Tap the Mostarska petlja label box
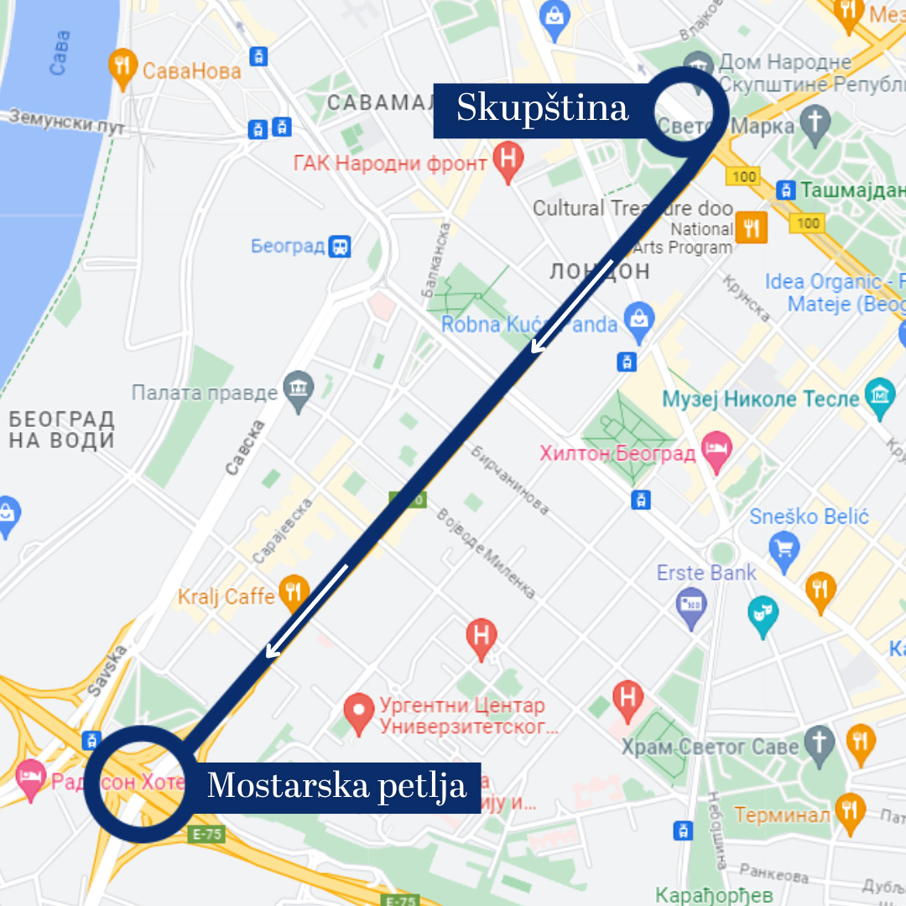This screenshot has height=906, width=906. pyautogui.click(x=336, y=787)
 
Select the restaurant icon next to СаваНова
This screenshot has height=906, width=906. pyautogui.click(x=123, y=68)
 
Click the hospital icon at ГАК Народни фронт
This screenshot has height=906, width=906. pyautogui.click(x=508, y=160)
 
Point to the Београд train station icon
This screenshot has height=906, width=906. pyautogui.click(x=340, y=247)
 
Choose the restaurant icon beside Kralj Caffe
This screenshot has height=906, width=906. pyautogui.click(x=293, y=591)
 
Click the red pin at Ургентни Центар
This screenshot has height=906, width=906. pyautogui.click(x=359, y=713)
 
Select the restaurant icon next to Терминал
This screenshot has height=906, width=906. pyautogui.click(x=850, y=810)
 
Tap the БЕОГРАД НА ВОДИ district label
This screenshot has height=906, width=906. pyautogui.click(x=62, y=430)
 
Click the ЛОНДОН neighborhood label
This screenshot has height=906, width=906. pyautogui.click(x=599, y=271)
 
